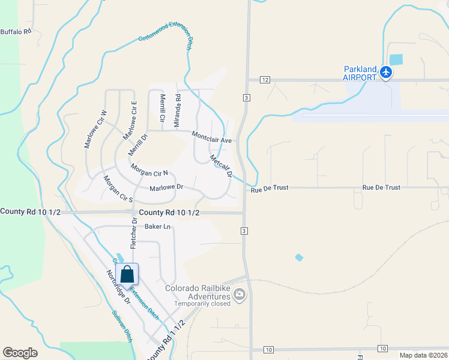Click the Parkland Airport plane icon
[385, 73]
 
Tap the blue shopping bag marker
[128, 274]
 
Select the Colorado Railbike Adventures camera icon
[240, 294]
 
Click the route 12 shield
[265, 80]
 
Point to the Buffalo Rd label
[15, 32]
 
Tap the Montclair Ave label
[211, 137]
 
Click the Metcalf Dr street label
[221, 166]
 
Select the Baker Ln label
[158, 227]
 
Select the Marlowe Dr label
[166, 188]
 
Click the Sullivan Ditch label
[122, 326]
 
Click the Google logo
[20, 353]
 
